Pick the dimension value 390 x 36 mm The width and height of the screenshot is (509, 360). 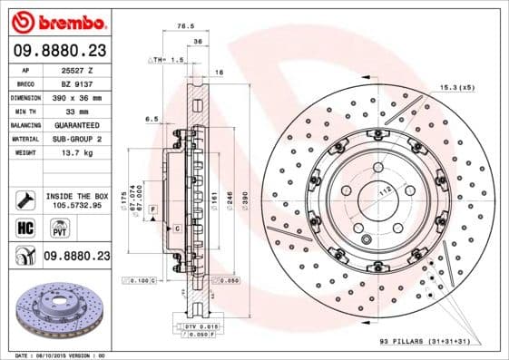click(x=76, y=96)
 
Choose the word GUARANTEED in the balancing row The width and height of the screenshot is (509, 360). click(x=77, y=124)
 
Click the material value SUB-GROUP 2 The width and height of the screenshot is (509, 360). click(x=76, y=139)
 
